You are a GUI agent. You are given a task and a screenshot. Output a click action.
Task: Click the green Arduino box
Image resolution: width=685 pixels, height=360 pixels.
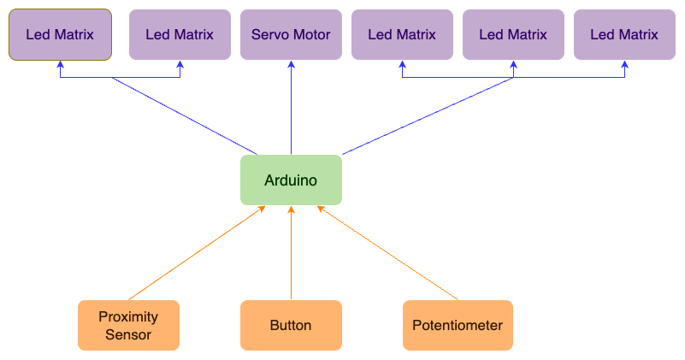(x=291, y=180)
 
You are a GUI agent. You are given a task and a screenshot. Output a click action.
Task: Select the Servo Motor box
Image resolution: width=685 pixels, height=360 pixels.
(x=291, y=35)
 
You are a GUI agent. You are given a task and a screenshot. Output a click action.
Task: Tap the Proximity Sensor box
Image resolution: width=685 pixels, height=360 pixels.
(x=128, y=325)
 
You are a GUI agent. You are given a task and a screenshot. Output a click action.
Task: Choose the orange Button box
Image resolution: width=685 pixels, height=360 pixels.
(x=291, y=325)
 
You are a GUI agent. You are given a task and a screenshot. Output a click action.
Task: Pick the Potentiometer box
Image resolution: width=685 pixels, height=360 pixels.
(x=458, y=325)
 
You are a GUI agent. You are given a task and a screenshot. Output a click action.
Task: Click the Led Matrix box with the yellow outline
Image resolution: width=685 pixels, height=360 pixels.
(x=60, y=35)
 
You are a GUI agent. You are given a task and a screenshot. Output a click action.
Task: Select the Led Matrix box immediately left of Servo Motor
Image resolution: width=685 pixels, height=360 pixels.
(x=180, y=35)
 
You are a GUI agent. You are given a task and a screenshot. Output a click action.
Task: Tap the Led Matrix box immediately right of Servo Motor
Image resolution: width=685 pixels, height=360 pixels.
(x=402, y=35)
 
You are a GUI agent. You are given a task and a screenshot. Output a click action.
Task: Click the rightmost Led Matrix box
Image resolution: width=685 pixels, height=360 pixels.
(x=624, y=35)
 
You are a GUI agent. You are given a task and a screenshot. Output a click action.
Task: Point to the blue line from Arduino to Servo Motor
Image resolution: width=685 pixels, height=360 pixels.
(x=291, y=111)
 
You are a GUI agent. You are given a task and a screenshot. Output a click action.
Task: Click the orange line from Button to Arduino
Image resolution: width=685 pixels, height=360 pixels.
(x=291, y=257)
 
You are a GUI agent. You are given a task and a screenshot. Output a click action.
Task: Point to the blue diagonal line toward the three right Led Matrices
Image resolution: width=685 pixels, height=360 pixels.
(x=428, y=116)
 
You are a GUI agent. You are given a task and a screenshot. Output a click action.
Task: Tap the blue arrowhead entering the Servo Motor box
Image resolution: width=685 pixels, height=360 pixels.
(x=291, y=64)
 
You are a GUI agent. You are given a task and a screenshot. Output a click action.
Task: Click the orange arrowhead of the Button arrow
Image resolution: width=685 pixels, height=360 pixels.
(x=291, y=210)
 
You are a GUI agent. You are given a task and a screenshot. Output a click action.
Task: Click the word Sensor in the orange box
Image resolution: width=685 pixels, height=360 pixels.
(x=128, y=334)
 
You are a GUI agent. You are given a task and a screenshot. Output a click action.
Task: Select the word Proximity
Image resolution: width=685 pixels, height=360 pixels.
(x=128, y=316)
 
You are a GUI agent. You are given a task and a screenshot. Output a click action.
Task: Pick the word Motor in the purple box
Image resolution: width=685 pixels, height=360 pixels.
(x=314, y=35)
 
